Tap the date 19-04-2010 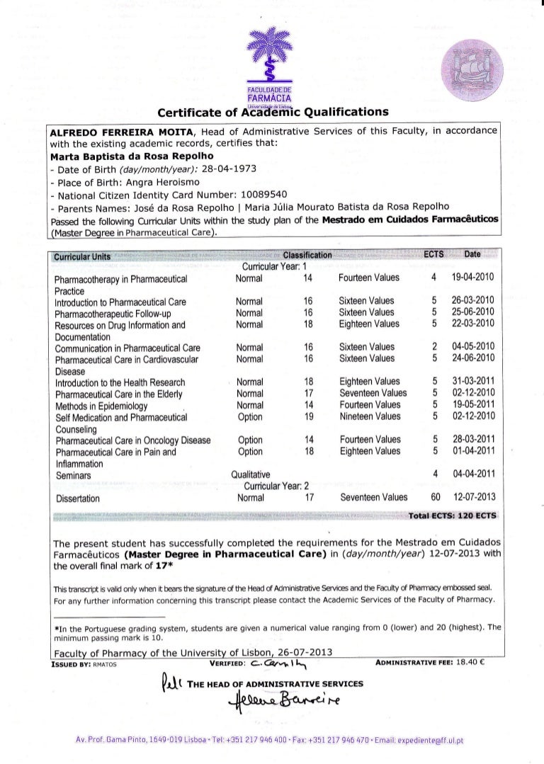pos(477,278)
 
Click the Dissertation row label pos(79,498)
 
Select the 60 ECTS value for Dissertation pos(436,498)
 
